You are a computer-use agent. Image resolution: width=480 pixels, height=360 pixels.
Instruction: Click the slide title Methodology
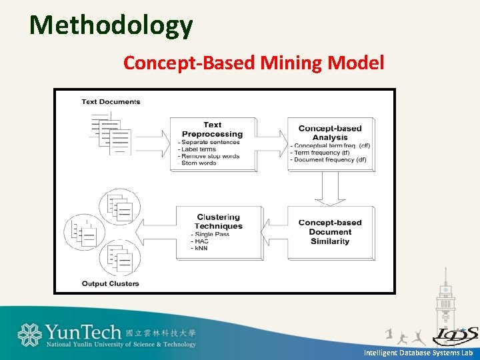(111, 25)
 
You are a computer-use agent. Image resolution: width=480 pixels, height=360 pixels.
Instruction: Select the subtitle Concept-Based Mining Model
(253, 63)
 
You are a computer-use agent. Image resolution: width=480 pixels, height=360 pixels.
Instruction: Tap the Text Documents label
(111, 102)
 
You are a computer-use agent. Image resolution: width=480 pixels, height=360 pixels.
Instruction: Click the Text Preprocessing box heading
(213, 129)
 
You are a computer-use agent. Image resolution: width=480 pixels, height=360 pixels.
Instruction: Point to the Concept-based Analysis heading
(330, 133)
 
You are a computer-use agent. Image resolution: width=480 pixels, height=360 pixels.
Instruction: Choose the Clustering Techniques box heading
(219, 221)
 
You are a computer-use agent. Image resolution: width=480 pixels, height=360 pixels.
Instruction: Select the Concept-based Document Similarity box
(330, 231)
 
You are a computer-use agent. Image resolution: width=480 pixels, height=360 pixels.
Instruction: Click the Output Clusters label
(110, 283)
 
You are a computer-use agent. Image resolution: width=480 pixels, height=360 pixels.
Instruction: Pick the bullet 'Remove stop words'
(211, 156)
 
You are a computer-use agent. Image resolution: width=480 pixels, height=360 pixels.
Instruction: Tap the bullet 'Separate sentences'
(211, 142)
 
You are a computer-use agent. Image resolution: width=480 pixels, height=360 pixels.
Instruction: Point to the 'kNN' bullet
(201, 248)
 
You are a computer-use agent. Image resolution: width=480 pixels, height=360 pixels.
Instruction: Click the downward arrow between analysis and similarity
(329, 189)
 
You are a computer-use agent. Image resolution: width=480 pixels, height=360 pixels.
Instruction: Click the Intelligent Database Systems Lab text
(418, 352)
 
